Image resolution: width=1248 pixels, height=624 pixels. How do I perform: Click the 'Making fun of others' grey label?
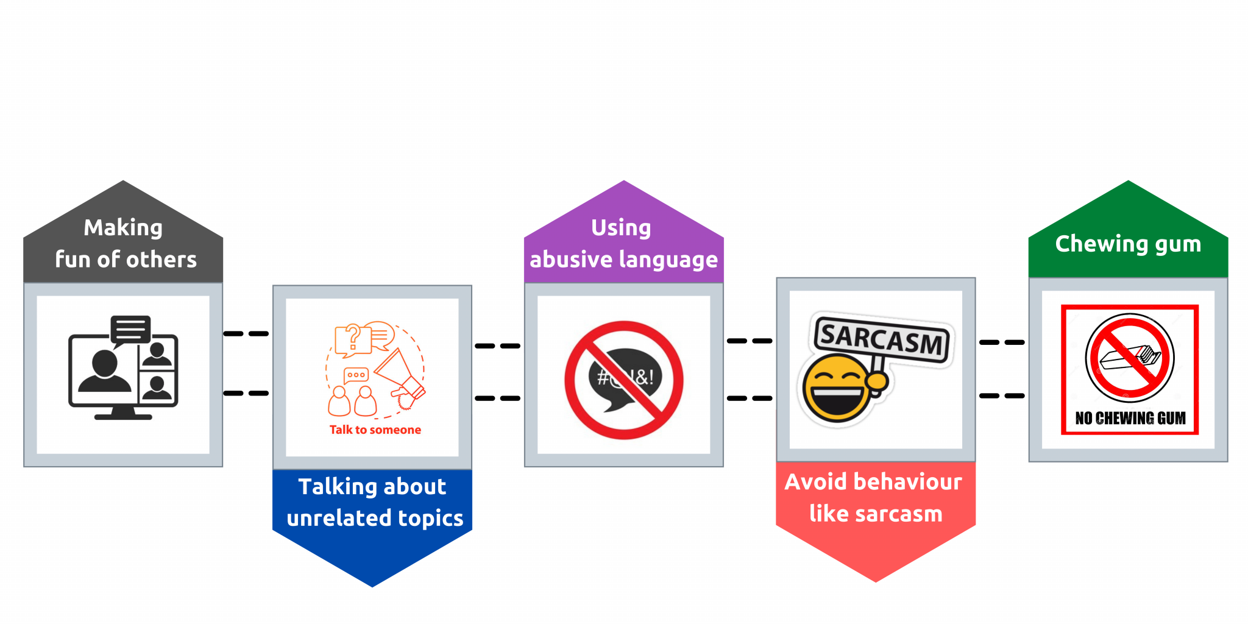[x=124, y=244]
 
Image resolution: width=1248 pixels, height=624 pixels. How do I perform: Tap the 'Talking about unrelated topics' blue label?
[x=373, y=503]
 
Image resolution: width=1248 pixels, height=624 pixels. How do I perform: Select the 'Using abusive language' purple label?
[x=623, y=244]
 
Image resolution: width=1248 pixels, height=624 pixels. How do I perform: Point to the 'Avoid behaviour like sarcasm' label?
[x=876, y=498]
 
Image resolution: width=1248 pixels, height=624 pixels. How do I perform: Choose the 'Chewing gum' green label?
[x=1128, y=244]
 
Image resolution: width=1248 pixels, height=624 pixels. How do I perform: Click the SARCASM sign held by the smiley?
[x=882, y=338]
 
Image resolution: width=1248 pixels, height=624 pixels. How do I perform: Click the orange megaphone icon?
[x=399, y=375]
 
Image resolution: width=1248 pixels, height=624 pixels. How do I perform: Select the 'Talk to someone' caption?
[x=375, y=430]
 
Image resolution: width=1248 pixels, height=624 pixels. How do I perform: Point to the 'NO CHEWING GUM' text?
[x=1130, y=418]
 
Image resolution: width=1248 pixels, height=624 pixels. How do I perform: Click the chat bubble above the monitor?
[x=130, y=329]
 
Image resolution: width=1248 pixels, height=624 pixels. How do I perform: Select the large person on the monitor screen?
[x=105, y=372]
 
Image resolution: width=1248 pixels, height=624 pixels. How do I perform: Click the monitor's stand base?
[x=123, y=416]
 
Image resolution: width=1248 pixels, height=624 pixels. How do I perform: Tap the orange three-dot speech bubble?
[x=356, y=375]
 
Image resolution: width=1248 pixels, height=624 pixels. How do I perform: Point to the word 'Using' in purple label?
[x=621, y=228]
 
